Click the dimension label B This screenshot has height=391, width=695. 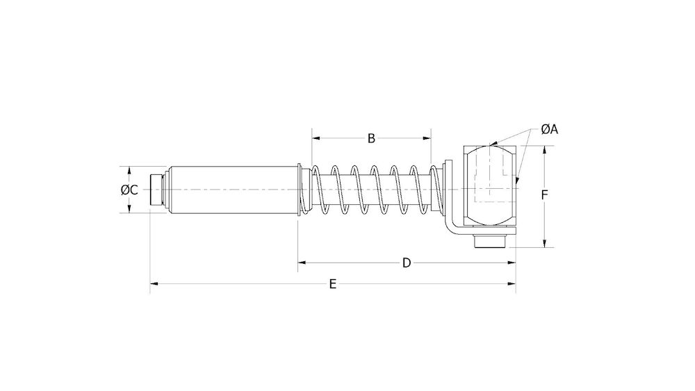[x=371, y=138]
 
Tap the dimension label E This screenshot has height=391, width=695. [x=333, y=283]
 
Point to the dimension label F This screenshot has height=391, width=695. [x=545, y=195]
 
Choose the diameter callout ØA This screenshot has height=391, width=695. [x=550, y=128]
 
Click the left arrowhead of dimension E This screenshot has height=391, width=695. [x=155, y=283]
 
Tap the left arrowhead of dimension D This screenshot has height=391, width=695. [x=303, y=262]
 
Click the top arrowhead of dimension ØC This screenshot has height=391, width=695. [x=129, y=170]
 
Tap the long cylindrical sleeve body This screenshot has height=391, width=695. [x=233, y=190]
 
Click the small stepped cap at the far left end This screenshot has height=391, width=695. [x=157, y=190]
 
